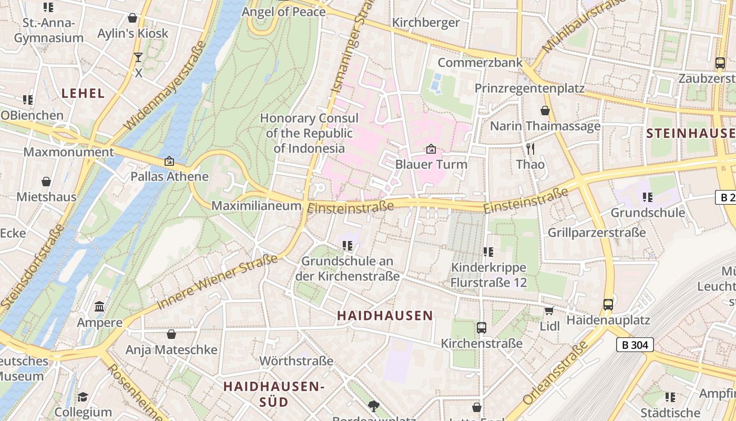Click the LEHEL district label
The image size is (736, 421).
click(x=83, y=93)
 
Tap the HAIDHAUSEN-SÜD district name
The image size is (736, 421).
click(x=274, y=394)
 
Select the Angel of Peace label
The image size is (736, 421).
click(x=283, y=12)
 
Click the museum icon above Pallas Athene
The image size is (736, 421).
click(x=169, y=161)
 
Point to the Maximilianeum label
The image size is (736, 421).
click(x=256, y=206)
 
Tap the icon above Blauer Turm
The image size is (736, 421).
click(x=431, y=149)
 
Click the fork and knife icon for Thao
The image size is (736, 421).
click(x=530, y=149)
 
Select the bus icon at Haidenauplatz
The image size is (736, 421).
click(x=608, y=304)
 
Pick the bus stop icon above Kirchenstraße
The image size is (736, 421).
click(x=481, y=328)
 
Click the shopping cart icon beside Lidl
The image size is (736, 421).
click(x=549, y=311)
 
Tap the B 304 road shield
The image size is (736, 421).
click(x=635, y=345)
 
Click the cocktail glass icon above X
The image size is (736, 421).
click(x=138, y=57)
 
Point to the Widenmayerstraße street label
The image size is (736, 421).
click(x=164, y=86)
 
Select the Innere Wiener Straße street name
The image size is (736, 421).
click(x=217, y=282)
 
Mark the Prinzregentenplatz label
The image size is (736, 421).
click(x=529, y=88)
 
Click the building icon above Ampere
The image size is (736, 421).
click(x=99, y=306)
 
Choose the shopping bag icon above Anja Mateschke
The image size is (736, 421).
click(x=171, y=334)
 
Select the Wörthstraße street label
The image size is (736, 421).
click(x=297, y=361)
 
